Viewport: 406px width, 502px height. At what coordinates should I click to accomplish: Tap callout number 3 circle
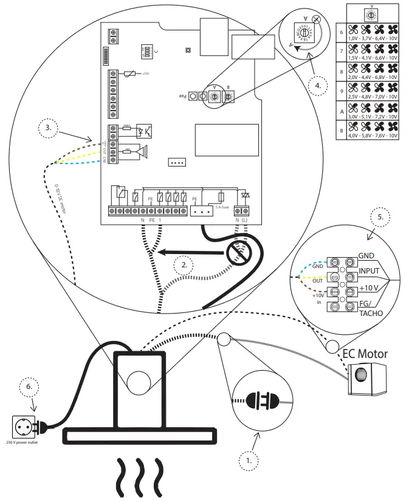[47, 129]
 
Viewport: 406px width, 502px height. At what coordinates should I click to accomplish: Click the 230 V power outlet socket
[25, 425]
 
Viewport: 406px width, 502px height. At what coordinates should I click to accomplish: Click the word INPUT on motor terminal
[370, 270]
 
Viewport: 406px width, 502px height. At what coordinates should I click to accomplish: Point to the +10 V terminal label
[370, 286]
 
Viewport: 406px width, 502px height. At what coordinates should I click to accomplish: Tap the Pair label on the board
[181, 96]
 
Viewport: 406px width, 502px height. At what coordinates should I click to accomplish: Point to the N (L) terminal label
[241, 219]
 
